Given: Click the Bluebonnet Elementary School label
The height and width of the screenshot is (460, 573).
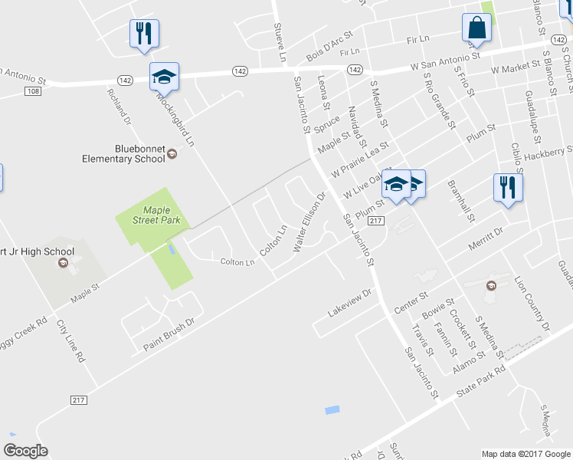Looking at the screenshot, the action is pos(123,153).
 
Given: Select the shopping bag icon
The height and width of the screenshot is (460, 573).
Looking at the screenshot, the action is pos(476,29).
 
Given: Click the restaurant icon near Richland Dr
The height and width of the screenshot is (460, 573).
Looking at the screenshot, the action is pos(142,34).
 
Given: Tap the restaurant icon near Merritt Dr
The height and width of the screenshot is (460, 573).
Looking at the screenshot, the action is pos(508,188).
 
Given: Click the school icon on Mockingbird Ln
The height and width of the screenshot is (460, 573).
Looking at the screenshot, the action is pos(164,77).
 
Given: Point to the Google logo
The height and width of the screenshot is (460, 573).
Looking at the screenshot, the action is pos(25,451).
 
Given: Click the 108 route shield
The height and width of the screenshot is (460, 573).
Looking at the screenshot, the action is pos(32,91).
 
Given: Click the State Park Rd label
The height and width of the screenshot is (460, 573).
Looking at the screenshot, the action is pos(480,381).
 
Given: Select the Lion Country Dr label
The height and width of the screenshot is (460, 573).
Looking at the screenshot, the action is pos(532,304).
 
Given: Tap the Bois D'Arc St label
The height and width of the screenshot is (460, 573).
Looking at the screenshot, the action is pos(328,47).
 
